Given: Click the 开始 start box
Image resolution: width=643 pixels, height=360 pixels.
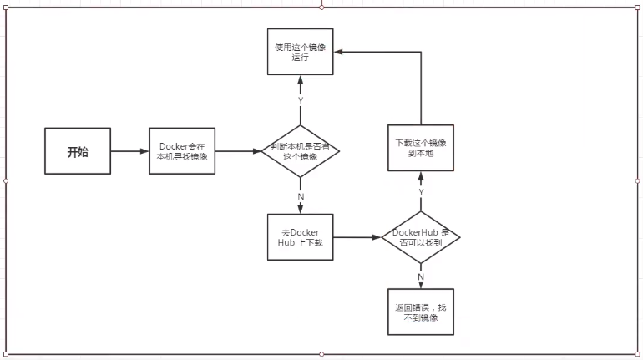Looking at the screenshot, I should [78, 152].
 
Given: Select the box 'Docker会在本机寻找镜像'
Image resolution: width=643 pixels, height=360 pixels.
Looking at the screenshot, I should [182, 152].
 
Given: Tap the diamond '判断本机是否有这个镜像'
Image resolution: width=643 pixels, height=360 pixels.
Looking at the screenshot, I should [301, 151].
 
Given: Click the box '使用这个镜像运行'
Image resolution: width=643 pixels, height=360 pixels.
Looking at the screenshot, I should [301, 51].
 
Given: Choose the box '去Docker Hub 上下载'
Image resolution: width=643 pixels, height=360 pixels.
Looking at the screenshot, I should [301, 237].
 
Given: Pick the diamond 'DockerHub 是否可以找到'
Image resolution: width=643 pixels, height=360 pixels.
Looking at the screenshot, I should [421, 237].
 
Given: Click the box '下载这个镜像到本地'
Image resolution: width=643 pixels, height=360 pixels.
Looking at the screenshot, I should [421, 149].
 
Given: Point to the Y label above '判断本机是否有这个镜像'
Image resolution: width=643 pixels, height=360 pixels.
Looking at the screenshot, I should [301, 100].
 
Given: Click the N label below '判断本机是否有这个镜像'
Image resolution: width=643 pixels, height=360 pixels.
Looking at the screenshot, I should [301, 197].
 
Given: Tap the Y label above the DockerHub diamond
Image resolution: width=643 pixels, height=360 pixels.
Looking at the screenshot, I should [421, 192].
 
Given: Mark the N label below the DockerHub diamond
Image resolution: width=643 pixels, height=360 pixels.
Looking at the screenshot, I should [421, 276].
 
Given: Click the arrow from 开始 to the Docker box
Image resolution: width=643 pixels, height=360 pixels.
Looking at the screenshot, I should [129, 152].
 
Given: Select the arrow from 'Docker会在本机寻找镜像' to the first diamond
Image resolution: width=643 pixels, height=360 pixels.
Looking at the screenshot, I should [238, 152].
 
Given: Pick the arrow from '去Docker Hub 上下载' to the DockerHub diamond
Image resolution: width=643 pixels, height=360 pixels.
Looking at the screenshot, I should [357, 237].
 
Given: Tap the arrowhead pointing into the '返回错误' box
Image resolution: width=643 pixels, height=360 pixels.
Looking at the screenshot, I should [421, 286].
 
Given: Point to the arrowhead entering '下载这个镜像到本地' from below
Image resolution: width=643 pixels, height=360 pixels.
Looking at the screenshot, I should [421, 175].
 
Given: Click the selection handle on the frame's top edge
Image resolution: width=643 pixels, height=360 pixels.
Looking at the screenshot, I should [322, 7].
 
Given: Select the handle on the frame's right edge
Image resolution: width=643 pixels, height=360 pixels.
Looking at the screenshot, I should [637, 180].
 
